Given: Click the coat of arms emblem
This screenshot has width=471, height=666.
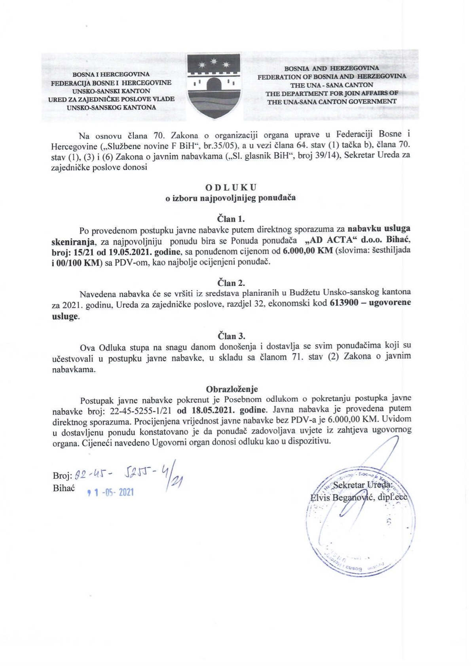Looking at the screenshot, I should click(214, 86).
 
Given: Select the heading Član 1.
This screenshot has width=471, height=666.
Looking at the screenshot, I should click(231, 219).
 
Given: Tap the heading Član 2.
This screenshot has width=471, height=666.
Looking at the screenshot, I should click(231, 283).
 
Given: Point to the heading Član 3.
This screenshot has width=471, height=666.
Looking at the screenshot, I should click(231, 336).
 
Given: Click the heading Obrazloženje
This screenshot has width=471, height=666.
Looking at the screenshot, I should click(232, 389).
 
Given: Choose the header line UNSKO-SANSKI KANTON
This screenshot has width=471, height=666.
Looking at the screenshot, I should click(110, 91).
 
